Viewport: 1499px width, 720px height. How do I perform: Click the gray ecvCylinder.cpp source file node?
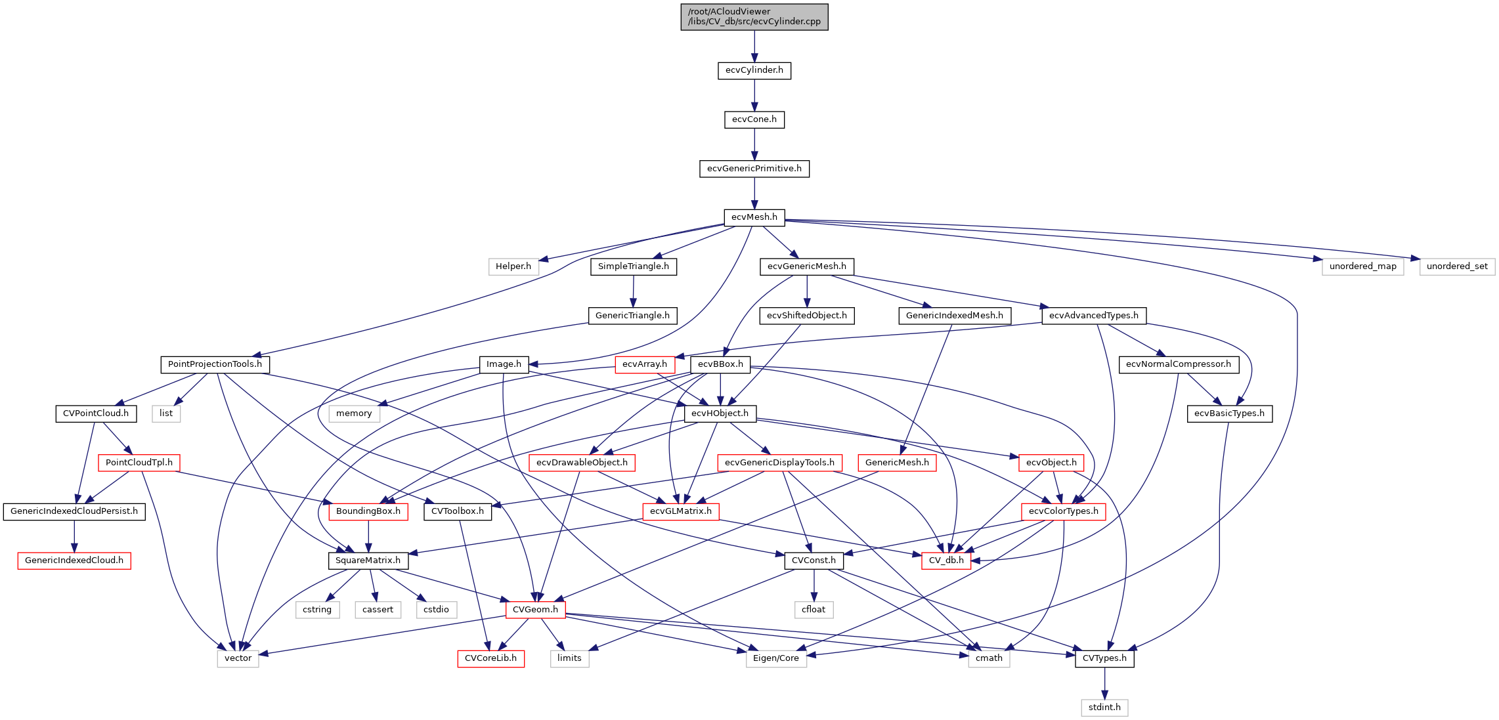point(754,17)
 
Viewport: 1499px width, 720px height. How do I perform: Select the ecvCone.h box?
point(754,119)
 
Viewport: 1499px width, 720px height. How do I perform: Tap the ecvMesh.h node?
point(754,217)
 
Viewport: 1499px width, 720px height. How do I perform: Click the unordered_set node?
point(1456,266)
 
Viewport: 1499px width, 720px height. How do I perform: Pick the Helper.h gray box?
point(513,266)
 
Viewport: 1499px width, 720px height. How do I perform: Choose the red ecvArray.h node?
point(644,364)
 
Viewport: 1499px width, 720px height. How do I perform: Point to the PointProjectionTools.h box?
point(215,364)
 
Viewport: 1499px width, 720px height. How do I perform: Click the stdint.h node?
point(1104,708)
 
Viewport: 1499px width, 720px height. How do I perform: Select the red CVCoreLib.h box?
point(490,658)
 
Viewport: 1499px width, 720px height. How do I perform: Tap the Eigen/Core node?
point(775,658)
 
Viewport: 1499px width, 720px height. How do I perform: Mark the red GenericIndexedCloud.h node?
point(74,561)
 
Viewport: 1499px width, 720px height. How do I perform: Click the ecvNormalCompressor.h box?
point(1178,364)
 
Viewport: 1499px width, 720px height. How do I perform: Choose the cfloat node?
point(814,610)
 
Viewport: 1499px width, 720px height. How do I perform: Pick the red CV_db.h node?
point(945,561)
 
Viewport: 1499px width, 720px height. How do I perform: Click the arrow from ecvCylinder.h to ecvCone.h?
point(754,95)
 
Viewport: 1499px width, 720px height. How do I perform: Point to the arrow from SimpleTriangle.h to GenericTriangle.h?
point(633,291)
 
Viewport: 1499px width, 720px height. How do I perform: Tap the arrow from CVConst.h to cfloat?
point(814,585)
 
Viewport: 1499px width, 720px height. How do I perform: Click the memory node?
point(353,413)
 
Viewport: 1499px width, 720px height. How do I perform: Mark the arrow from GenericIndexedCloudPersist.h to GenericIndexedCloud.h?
point(74,536)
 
